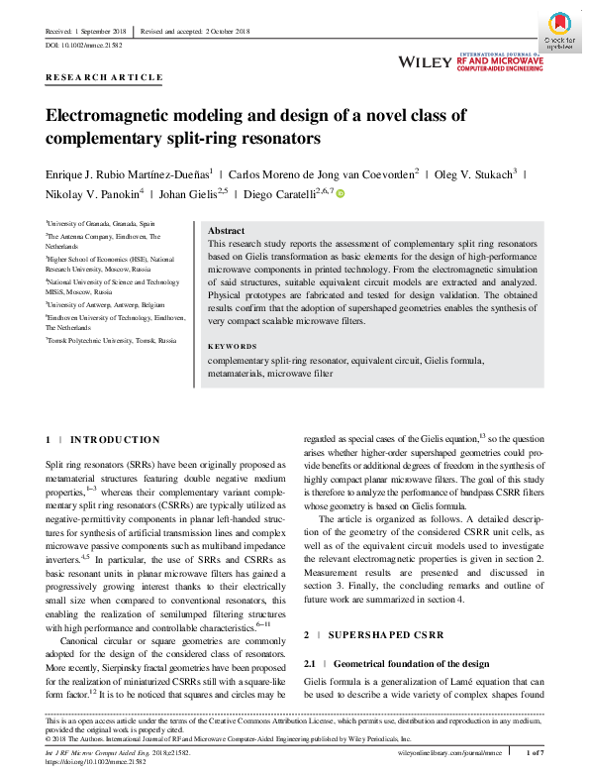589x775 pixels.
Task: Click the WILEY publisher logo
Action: [x=425, y=61]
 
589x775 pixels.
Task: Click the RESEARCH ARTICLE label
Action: [x=104, y=76]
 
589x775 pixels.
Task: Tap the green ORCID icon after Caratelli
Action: [x=341, y=193]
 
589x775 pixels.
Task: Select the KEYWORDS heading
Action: [x=232, y=346]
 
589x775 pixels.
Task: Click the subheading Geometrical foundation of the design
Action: [x=412, y=663]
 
